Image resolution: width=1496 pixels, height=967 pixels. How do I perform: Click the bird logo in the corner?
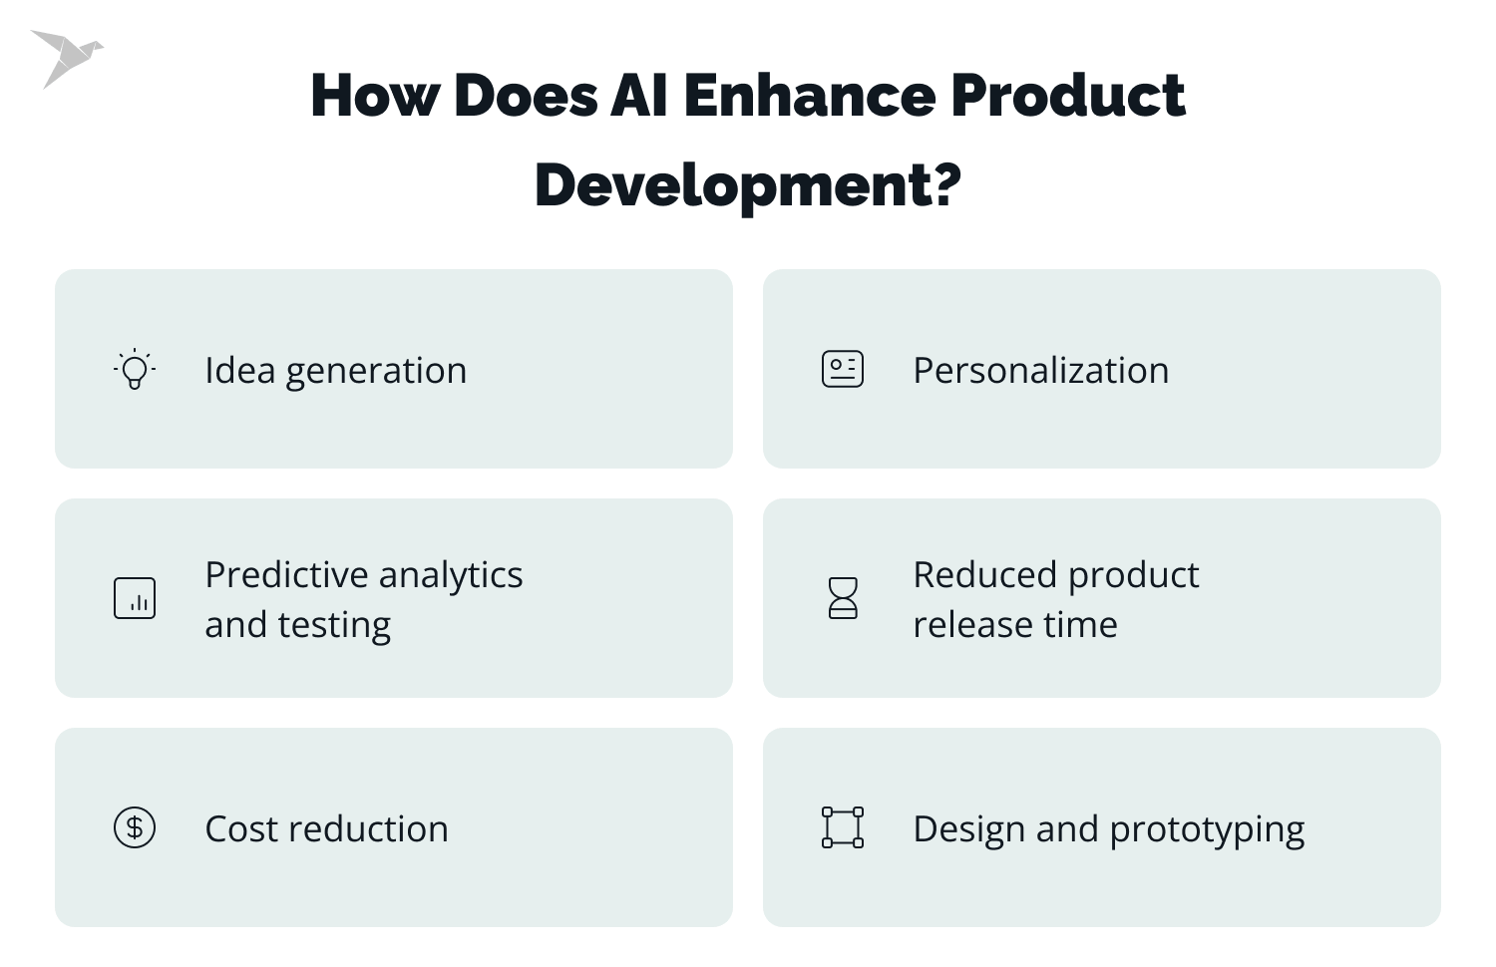pyautogui.click(x=66, y=57)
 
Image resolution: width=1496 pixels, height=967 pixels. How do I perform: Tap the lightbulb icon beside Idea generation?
pyautogui.click(x=135, y=369)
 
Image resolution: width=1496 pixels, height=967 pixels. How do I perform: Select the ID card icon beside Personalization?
pyautogui.click(x=843, y=369)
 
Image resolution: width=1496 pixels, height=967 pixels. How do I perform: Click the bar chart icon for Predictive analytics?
pyautogui.click(x=135, y=598)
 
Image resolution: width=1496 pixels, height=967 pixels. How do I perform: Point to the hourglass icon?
pyautogui.click(x=843, y=598)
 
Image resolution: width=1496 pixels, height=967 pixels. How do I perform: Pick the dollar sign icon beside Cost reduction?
pyautogui.click(x=135, y=827)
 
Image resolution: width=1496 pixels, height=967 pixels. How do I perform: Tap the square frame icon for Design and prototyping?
pyautogui.click(x=843, y=827)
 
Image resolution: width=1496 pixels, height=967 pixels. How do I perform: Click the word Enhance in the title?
pyautogui.click(x=809, y=96)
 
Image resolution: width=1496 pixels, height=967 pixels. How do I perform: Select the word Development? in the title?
pyautogui.click(x=748, y=185)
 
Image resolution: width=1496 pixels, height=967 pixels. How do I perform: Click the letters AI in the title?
pyautogui.click(x=639, y=96)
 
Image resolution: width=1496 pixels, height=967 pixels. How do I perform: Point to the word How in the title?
pyautogui.click(x=375, y=96)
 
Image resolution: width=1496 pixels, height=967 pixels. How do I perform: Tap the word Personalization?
pyautogui.click(x=1040, y=371)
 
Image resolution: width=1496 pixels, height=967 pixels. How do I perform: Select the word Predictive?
pyautogui.click(x=287, y=575)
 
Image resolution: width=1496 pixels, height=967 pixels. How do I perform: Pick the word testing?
pyautogui.click(x=334, y=626)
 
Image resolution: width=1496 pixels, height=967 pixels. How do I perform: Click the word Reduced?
pyautogui.click(x=984, y=575)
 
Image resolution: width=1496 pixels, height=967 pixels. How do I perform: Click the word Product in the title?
pyautogui.click(x=1067, y=96)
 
